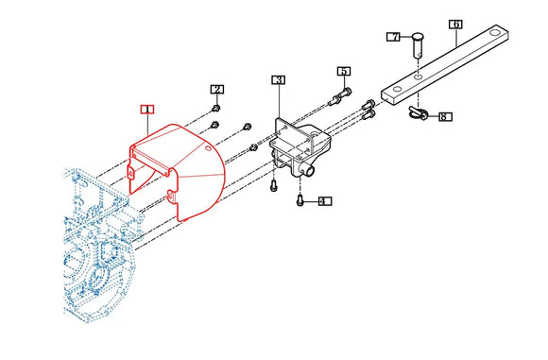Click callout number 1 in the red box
tap(147, 110)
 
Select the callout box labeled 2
tap(217, 90)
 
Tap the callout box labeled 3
tap(279, 80)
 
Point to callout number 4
tap(325, 201)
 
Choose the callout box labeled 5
tap(344, 71)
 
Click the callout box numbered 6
tap(455, 25)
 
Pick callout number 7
tap(394, 37)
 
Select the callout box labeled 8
tap(445, 116)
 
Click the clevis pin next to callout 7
tap(418, 45)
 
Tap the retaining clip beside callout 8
tap(418, 113)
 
